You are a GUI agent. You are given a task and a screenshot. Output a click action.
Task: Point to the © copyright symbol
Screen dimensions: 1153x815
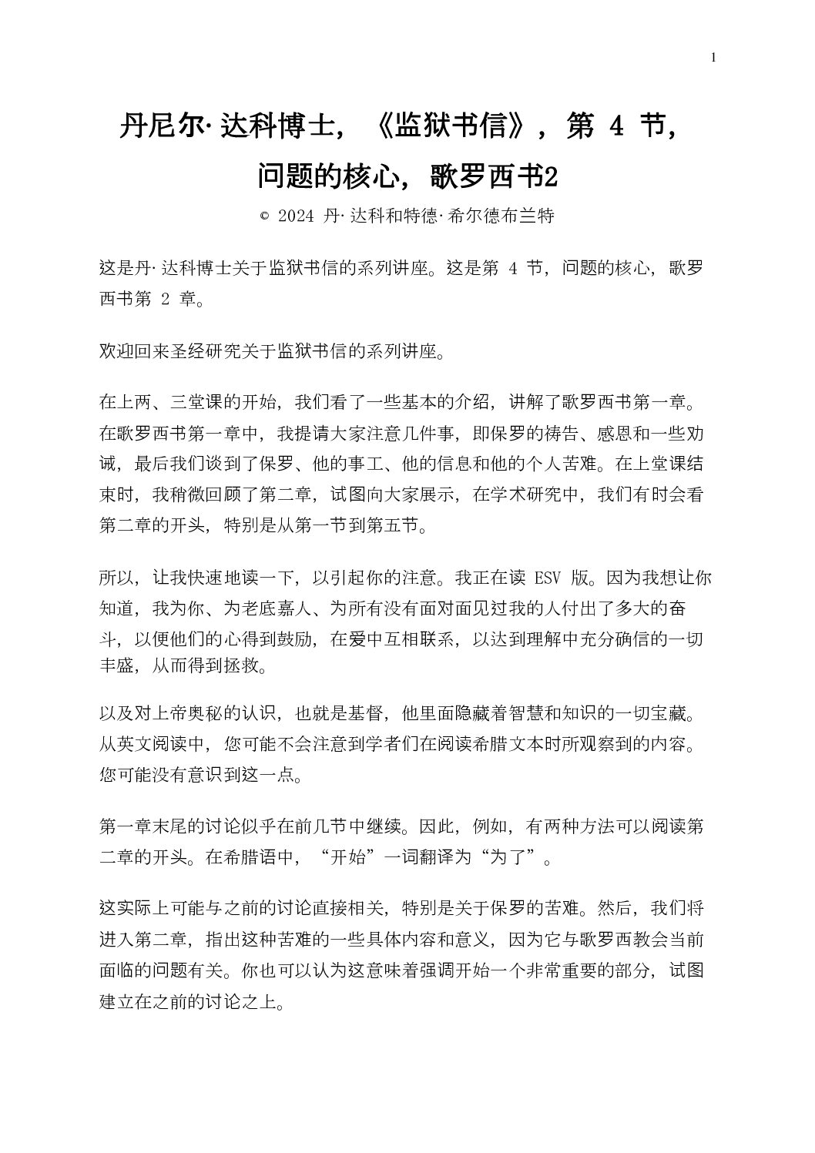pos(264,216)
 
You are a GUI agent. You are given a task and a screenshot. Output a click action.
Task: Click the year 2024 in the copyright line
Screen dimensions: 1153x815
pos(297,216)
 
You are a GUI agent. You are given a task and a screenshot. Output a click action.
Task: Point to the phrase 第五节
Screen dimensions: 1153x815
pos(392,526)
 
